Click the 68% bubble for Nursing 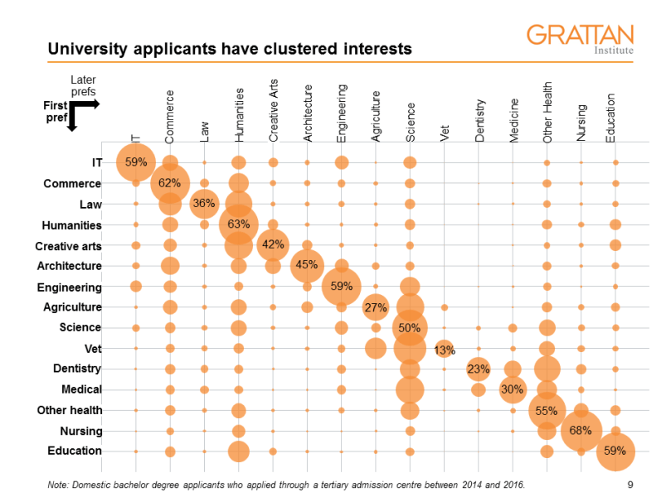tap(581, 431)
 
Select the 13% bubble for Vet tap(445, 349)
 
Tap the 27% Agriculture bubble tap(376, 307)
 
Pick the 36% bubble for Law tap(204, 204)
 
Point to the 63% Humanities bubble tap(239, 224)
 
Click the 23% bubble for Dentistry tap(479, 369)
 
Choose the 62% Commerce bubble tap(170, 183)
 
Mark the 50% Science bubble tap(410, 328)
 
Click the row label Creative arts tap(68, 246)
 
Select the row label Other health tap(70, 410)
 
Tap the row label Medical tap(81, 389)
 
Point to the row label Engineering tap(70, 287)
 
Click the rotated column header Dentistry tap(479, 121)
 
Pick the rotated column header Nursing tap(581, 123)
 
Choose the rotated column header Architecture tap(308, 114)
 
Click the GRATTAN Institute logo tap(580, 38)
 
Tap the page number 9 tap(631, 484)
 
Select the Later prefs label tap(82, 85)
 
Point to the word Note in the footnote tap(60, 484)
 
